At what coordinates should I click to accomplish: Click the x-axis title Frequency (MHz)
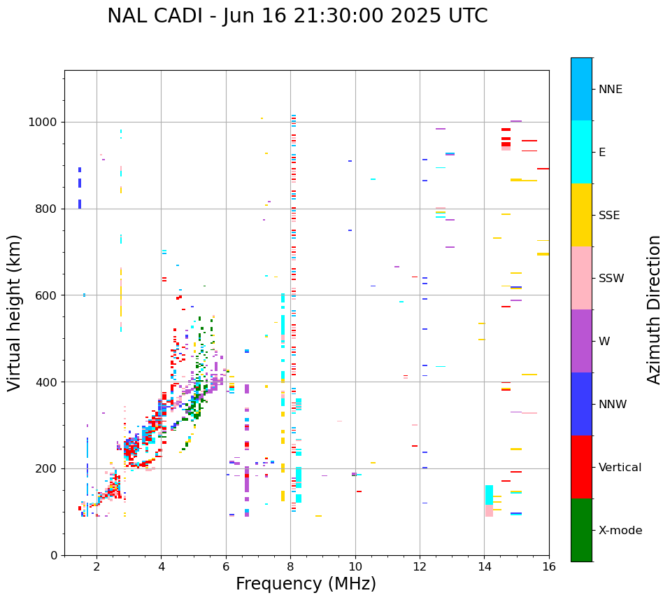point(306,584)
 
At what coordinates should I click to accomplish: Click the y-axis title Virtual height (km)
point(15,313)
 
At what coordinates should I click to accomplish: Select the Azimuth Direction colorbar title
point(654,309)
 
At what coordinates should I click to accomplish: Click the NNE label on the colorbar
point(610,90)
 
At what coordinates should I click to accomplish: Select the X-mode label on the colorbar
point(620,531)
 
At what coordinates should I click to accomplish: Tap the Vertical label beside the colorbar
point(620,468)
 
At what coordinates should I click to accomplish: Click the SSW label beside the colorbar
point(611,279)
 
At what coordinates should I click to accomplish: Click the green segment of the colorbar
point(581,530)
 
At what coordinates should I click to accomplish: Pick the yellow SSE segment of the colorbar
point(581,215)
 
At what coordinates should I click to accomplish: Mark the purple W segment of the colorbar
point(581,341)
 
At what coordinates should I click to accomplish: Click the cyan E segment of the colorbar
point(581,152)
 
